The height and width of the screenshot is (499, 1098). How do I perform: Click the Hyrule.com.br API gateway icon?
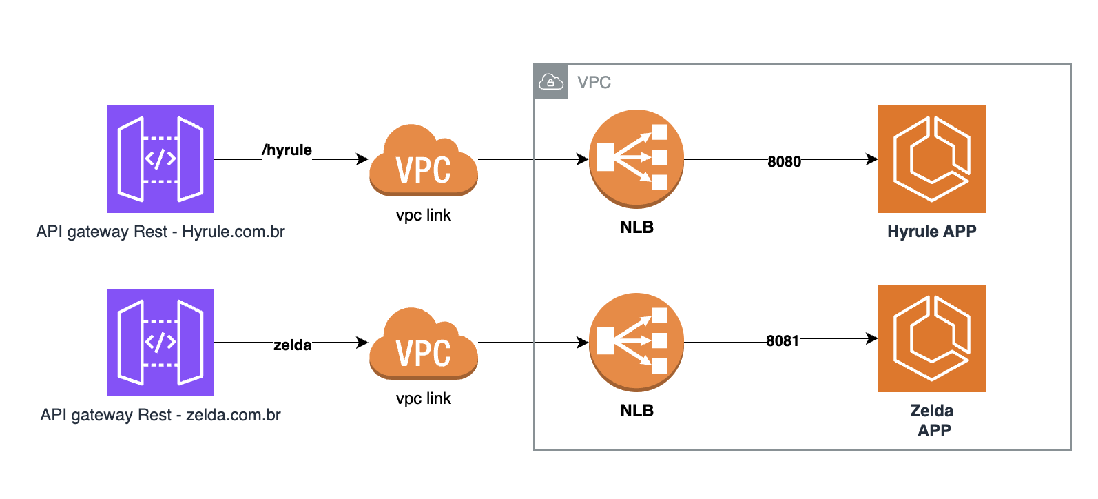point(160,159)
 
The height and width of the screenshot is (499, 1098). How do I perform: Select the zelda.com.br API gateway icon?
point(160,343)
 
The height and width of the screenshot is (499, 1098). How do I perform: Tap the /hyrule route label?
point(287,150)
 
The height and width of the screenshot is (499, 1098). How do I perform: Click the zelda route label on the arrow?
point(292,345)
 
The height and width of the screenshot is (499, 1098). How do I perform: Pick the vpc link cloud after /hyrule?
point(423,161)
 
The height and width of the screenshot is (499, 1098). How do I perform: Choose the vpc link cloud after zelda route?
point(423,345)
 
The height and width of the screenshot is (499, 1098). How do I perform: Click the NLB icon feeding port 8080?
point(636,159)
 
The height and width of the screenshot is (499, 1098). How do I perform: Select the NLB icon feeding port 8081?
point(636,342)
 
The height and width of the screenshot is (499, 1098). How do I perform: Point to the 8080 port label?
point(784,161)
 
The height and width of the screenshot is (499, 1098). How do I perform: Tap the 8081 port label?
point(783,340)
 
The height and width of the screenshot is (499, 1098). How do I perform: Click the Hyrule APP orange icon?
point(931,159)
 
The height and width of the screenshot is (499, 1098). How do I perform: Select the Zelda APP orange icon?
point(931,338)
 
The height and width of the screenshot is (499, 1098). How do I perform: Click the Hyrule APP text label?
point(931,232)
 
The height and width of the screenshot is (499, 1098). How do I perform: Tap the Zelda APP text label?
point(932,420)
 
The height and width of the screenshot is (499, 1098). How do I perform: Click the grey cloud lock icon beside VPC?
point(551,82)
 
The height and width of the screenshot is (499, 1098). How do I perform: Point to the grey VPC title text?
point(594,83)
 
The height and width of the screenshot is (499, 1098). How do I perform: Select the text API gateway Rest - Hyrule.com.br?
point(160,232)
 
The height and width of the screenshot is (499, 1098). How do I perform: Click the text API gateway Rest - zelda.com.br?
point(160,415)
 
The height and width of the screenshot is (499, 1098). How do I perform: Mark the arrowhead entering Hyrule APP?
point(873,159)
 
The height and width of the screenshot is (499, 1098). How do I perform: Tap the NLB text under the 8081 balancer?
point(636,411)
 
